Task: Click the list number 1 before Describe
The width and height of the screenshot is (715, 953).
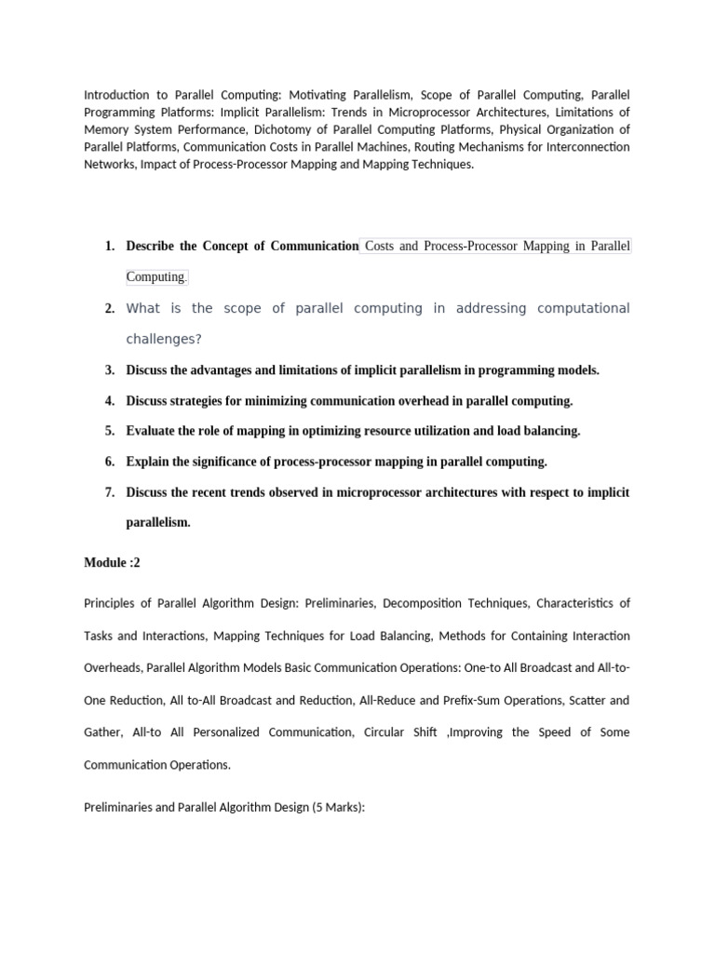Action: pos(109,247)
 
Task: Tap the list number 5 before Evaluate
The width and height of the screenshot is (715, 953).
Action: pos(109,431)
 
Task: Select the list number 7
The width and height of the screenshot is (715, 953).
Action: pos(109,492)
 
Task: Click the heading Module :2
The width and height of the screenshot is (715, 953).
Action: pos(112,563)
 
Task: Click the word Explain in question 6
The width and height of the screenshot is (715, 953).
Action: pos(149,462)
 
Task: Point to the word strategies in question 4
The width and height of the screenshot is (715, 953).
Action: pos(203,401)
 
